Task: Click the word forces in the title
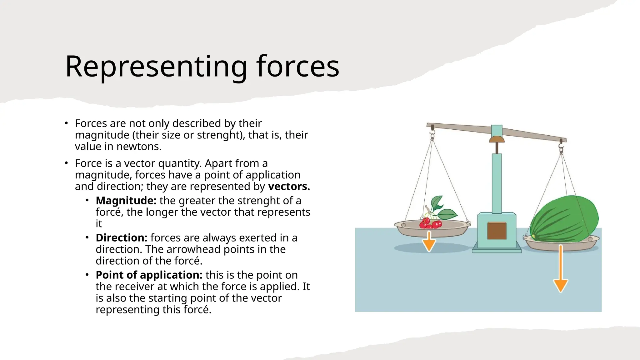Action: (297, 67)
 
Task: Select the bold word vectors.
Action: (289, 187)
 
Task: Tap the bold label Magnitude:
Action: (126, 201)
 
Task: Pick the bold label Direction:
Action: (121, 238)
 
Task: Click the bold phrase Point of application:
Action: (149, 275)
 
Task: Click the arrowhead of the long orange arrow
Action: (561, 285)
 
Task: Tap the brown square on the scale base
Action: (497, 231)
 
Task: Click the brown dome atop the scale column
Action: (497, 139)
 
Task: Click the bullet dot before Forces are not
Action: (66, 123)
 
